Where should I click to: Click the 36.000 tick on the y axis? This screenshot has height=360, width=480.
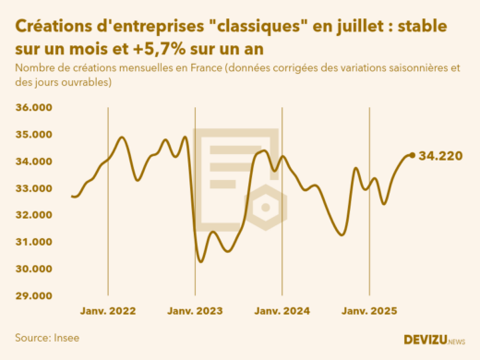click(x=33, y=107)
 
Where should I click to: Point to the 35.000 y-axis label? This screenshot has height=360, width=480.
click(x=33, y=135)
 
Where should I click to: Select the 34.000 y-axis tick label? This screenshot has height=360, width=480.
click(x=33, y=162)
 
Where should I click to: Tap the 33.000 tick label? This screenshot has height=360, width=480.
click(x=33, y=188)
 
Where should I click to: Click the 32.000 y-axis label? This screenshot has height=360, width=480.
click(x=33, y=215)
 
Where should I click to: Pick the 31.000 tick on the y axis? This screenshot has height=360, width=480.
click(x=33, y=242)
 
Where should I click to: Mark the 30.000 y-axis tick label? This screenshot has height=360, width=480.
click(x=33, y=269)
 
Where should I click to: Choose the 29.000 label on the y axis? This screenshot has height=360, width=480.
click(x=33, y=295)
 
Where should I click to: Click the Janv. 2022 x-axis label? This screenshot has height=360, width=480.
click(x=108, y=312)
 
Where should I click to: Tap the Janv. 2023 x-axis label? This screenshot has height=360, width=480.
click(x=196, y=312)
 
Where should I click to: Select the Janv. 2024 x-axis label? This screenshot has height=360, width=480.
click(x=282, y=312)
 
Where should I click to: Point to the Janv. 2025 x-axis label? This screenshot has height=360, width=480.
click(x=369, y=312)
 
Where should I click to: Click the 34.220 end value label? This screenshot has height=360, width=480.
click(x=440, y=156)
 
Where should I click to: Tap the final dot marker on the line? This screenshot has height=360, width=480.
click(x=411, y=155)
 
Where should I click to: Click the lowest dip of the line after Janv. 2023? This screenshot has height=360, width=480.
click(x=200, y=261)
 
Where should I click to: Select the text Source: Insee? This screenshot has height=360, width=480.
click(x=47, y=338)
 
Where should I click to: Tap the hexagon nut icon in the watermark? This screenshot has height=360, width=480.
click(x=266, y=207)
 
